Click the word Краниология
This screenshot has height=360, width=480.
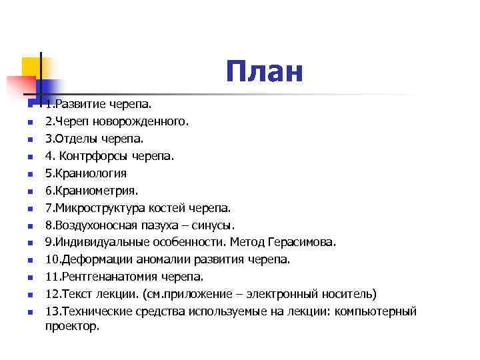(91, 173)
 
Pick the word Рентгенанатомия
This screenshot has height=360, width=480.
(109, 277)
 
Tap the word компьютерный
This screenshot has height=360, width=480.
(379, 311)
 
